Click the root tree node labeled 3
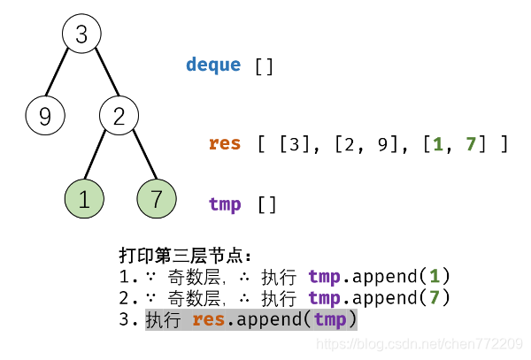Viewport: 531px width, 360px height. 82,34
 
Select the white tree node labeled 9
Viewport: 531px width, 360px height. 44,115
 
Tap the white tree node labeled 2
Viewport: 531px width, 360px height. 119,115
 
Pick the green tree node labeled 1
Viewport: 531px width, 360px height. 84,199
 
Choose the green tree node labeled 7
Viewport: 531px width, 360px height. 157,199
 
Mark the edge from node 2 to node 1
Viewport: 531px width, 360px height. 99,157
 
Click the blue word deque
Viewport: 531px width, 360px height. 212,65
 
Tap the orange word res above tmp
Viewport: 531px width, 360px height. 225,143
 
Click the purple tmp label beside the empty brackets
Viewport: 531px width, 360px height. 225,204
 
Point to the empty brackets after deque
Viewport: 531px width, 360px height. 264,65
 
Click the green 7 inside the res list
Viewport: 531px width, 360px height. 470,143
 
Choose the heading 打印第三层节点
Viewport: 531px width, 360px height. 185,256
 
